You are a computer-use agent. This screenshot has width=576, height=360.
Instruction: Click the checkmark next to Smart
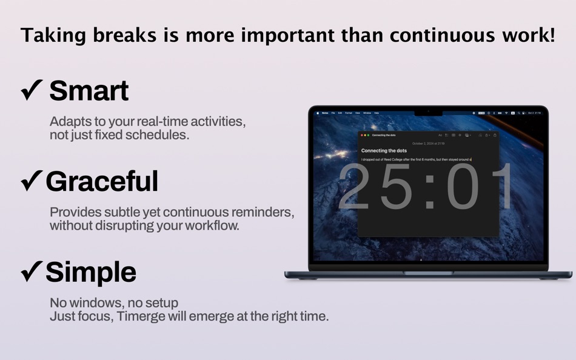pos(32,91)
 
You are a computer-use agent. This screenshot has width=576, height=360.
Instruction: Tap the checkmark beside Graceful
pos(32,181)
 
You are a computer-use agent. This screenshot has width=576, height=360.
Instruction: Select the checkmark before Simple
pos(32,272)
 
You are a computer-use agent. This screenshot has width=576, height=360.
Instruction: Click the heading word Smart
pos(89,91)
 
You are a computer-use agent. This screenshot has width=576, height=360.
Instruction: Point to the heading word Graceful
pos(102,181)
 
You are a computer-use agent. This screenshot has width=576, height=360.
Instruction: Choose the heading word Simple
pos(91,272)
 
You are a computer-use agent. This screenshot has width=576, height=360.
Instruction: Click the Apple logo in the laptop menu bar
pos(317,113)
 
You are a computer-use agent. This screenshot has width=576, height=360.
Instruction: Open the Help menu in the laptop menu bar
pos(376,113)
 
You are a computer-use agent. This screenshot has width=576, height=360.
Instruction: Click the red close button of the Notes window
pos(362,135)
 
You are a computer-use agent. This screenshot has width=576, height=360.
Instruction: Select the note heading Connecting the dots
pos(384,150)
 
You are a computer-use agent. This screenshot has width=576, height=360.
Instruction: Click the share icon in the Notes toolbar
pos(495,135)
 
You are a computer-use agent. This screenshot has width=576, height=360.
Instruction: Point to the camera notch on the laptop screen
pos(428,112)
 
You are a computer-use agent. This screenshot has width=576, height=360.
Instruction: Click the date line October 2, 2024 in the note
pos(428,144)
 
